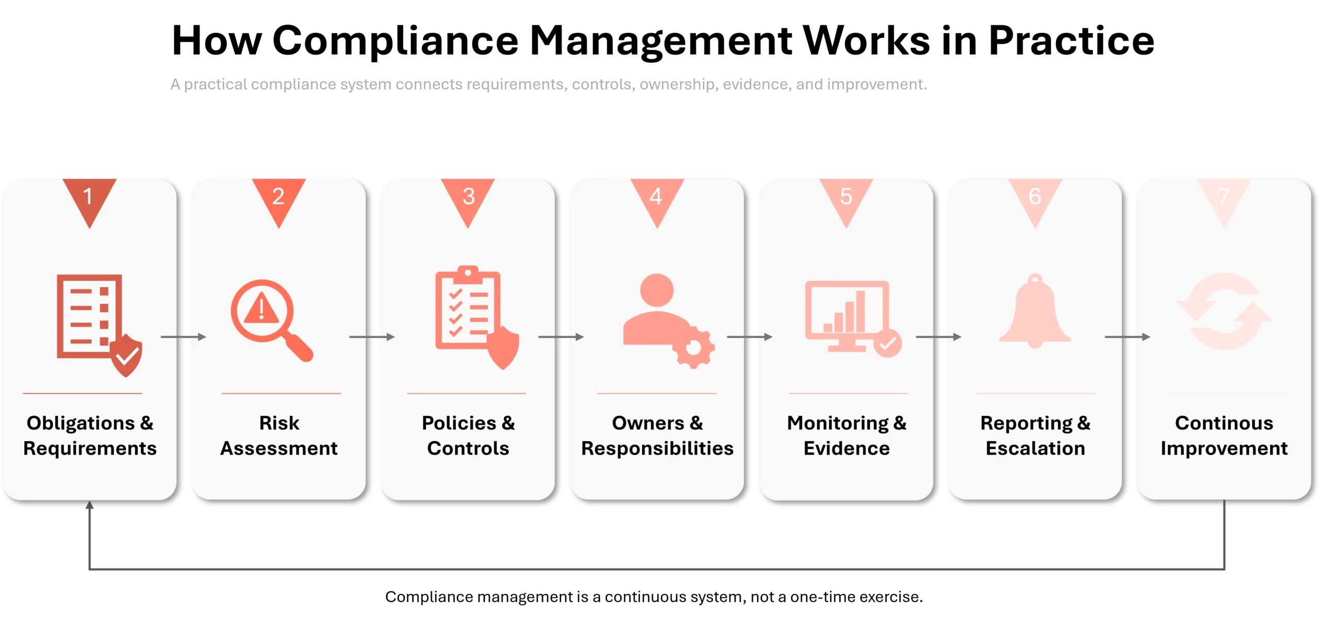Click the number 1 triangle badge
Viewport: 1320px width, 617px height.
(89, 198)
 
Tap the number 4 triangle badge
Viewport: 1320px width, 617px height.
(657, 198)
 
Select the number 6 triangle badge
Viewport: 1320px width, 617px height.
(1035, 198)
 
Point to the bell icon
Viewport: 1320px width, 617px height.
(1035, 311)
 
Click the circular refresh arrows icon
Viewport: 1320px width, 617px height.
(1224, 311)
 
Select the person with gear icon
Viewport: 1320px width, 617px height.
(668, 320)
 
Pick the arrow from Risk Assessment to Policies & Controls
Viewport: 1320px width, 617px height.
(372, 337)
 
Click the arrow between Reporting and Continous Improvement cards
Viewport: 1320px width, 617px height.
(1128, 337)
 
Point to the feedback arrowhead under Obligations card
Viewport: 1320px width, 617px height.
(89, 505)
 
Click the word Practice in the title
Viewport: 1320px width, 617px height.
(1071, 40)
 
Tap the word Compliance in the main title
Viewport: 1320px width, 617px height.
(395, 40)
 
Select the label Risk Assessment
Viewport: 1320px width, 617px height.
(279, 436)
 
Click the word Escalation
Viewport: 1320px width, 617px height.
(1035, 448)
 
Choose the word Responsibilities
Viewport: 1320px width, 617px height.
(657, 449)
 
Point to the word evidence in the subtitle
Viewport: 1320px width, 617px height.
(757, 84)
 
